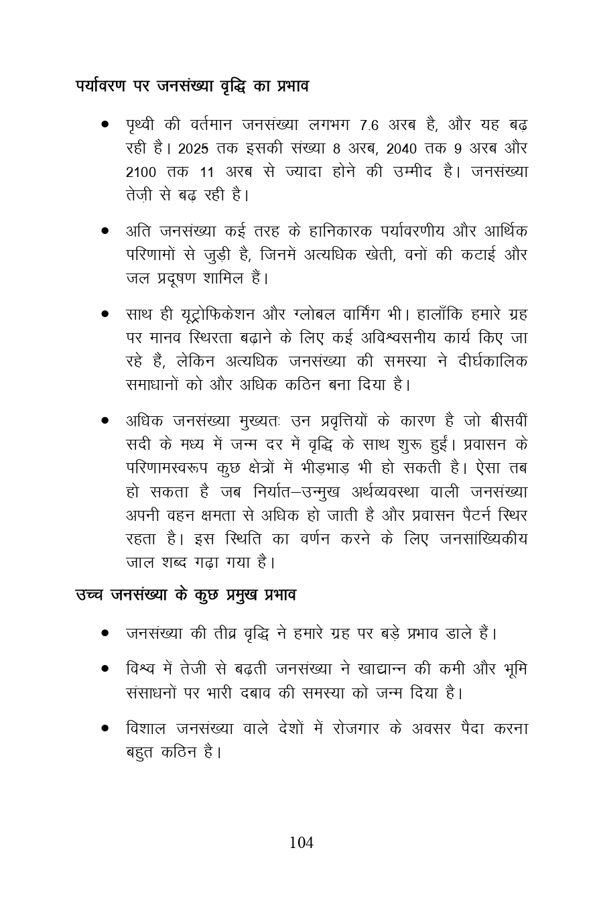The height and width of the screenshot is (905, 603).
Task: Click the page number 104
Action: [x=301, y=843]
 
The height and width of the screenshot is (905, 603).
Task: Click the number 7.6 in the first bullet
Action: [x=369, y=125]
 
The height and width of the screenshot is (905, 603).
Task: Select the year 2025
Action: [x=194, y=149]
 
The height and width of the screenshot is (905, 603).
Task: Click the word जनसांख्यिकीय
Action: [x=483, y=538]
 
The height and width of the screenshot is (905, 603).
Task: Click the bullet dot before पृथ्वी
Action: [x=106, y=125]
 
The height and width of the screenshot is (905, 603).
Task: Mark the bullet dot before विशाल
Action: [x=106, y=728]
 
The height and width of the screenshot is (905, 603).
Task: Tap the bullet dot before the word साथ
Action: [x=106, y=314]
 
